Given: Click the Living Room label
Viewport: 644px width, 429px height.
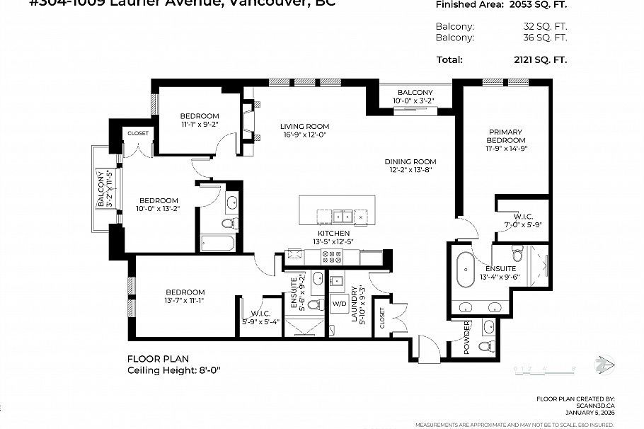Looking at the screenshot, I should pyautogui.click(x=304, y=127).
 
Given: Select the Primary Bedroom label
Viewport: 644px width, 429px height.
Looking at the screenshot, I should pyautogui.click(x=505, y=136).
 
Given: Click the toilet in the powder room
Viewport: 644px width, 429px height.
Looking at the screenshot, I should pyautogui.click(x=485, y=346).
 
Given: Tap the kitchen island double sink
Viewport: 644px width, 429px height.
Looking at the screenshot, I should pyautogui.click(x=343, y=216).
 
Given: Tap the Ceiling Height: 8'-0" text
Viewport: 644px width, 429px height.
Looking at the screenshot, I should pyautogui.click(x=178, y=370).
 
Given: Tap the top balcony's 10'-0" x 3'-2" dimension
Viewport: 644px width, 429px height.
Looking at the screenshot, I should pyautogui.click(x=415, y=101).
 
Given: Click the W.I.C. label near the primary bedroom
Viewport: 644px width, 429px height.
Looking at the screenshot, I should pyautogui.click(x=522, y=217).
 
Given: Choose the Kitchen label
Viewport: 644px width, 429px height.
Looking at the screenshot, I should pyautogui.click(x=333, y=233).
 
